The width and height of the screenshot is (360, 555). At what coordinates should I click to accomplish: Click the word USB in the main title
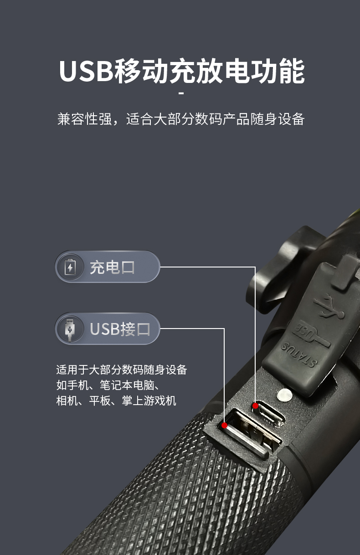86,71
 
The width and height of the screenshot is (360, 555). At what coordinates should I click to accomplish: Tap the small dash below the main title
181,93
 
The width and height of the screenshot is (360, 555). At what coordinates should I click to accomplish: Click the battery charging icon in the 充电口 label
70,267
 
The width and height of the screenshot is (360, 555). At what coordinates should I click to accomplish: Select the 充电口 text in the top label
112,267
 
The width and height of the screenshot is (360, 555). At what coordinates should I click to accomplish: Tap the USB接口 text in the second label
120,329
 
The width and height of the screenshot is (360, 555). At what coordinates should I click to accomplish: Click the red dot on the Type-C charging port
255,406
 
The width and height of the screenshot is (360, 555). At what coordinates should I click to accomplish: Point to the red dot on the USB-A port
225,426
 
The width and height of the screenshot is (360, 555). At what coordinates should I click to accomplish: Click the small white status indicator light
285,395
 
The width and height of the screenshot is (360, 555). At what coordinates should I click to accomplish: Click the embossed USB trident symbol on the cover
329,307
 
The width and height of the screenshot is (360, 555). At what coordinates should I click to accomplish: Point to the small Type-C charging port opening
269,414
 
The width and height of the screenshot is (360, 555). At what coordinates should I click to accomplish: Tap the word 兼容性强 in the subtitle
85,119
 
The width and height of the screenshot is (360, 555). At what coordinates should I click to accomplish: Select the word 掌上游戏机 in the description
149,401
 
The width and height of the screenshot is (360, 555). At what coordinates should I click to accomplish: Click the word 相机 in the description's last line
67,401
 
